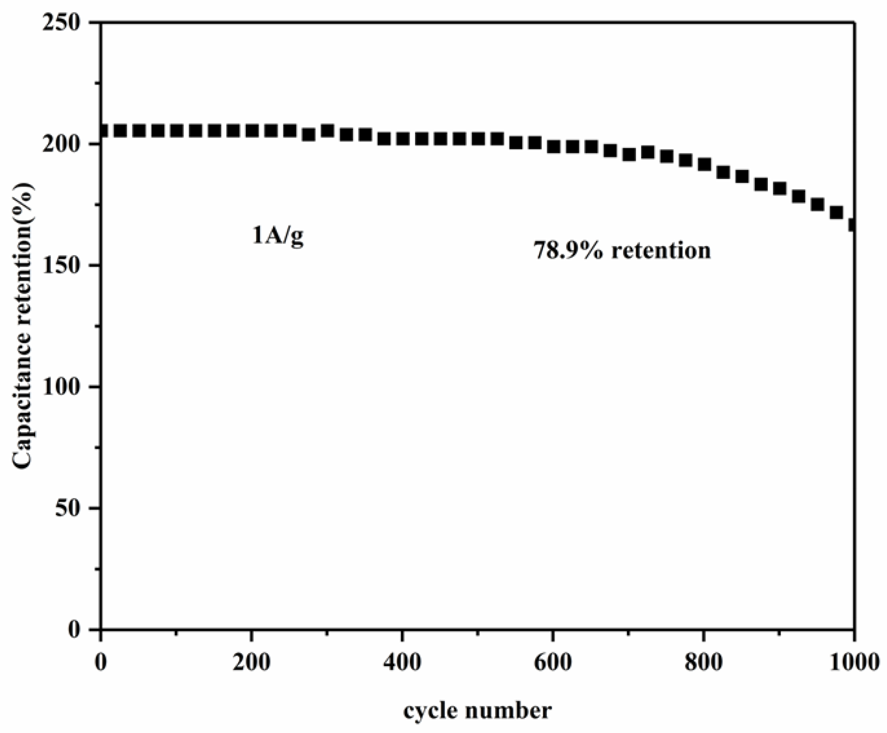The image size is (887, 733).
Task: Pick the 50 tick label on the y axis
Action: [x=68, y=508]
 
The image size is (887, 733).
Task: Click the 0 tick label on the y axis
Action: [x=74, y=629]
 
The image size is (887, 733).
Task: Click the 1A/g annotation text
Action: [x=278, y=237]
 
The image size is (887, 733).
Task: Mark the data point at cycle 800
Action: [x=704, y=164]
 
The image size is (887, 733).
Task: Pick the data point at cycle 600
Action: [x=554, y=147]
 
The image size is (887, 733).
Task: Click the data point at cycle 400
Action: [x=403, y=138]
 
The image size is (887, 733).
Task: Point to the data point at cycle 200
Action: [x=252, y=131]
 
